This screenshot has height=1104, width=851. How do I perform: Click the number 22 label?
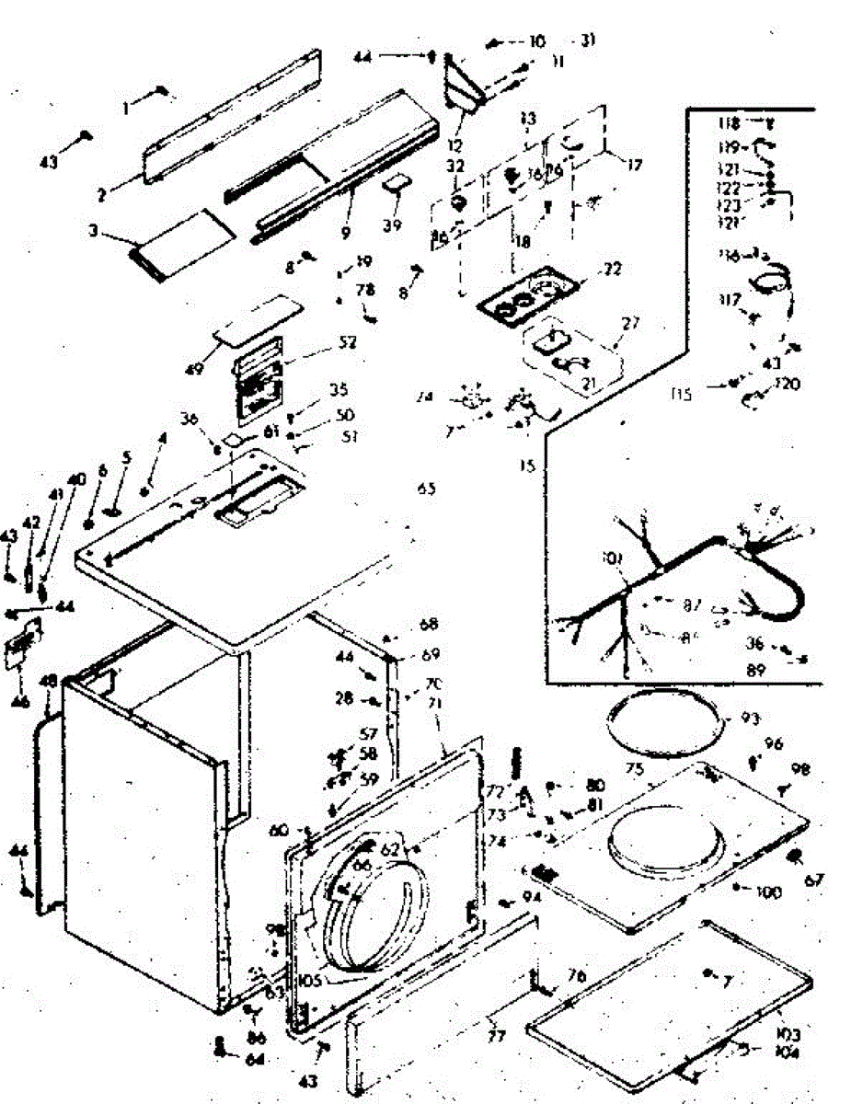coord(612,270)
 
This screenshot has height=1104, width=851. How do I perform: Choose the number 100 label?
coord(768,891)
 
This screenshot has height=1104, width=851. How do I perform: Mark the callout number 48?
coord(49,682)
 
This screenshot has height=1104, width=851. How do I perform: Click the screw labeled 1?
coord(163,90)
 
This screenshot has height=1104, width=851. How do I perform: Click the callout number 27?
coord(631,323)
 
